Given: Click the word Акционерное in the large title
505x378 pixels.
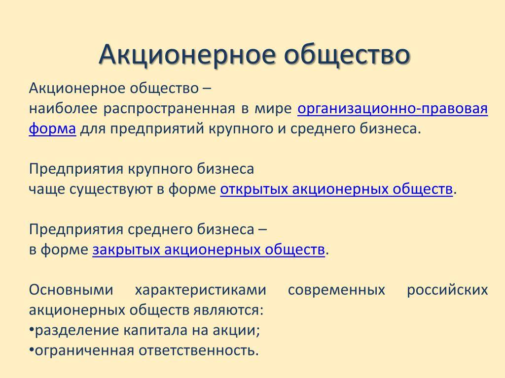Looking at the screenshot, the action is (187, 55).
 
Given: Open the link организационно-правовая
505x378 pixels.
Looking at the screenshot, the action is (393, 109).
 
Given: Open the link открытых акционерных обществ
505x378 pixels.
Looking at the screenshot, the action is (336, 189).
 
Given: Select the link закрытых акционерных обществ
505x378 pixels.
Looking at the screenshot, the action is (209, 250).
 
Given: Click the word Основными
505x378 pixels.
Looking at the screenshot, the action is (71, 290).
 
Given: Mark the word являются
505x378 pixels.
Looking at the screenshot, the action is (228, 311).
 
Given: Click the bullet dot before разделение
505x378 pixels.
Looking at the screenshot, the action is (32, 330).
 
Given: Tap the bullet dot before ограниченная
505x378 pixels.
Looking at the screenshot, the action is (32, 350).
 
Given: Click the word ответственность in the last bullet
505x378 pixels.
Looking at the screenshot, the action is (199, 350).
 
